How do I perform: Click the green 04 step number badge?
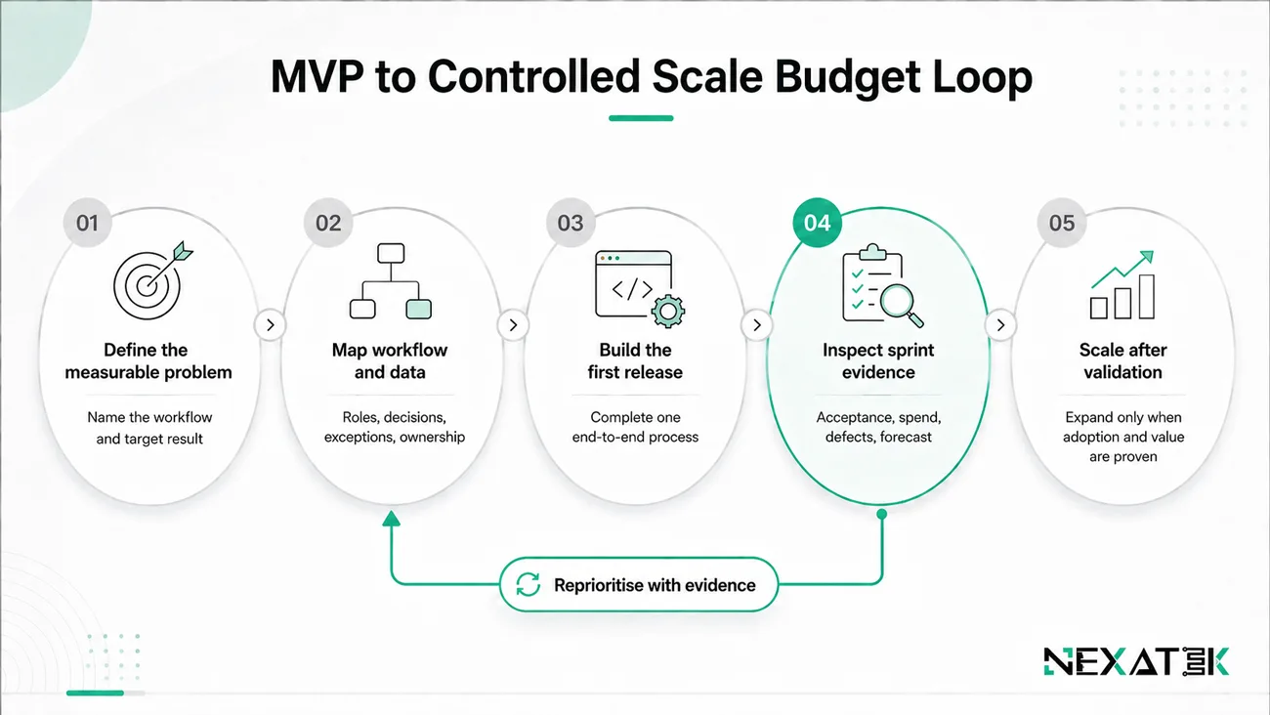click(817, 223)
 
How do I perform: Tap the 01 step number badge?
click(87, 223)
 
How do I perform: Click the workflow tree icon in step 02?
click(391, 281)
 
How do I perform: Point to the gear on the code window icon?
click(668, 311)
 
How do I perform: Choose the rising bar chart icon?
click(1122, 284)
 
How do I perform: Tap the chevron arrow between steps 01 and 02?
click(271, 325)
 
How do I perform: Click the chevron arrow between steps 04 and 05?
click(1000, 325)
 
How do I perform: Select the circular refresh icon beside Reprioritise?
click(528, 584)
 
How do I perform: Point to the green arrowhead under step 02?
click(391, 519)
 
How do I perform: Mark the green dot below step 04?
click(881, 515)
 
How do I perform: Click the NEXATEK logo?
click(1136, 661)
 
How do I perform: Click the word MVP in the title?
click(317, 76)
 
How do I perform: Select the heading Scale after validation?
click(1122, 360)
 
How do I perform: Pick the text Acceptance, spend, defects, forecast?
click(878, 427)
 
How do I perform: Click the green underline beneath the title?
click(641, 118)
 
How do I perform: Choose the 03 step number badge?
click(571, 223)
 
